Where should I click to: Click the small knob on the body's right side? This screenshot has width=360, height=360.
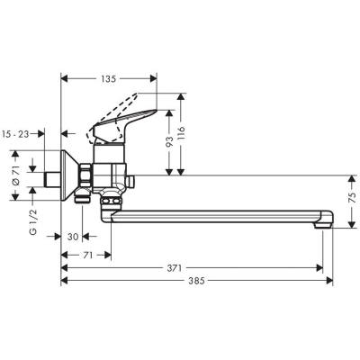pos(131,182)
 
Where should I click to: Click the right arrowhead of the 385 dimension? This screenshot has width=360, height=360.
pos(329,281)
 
